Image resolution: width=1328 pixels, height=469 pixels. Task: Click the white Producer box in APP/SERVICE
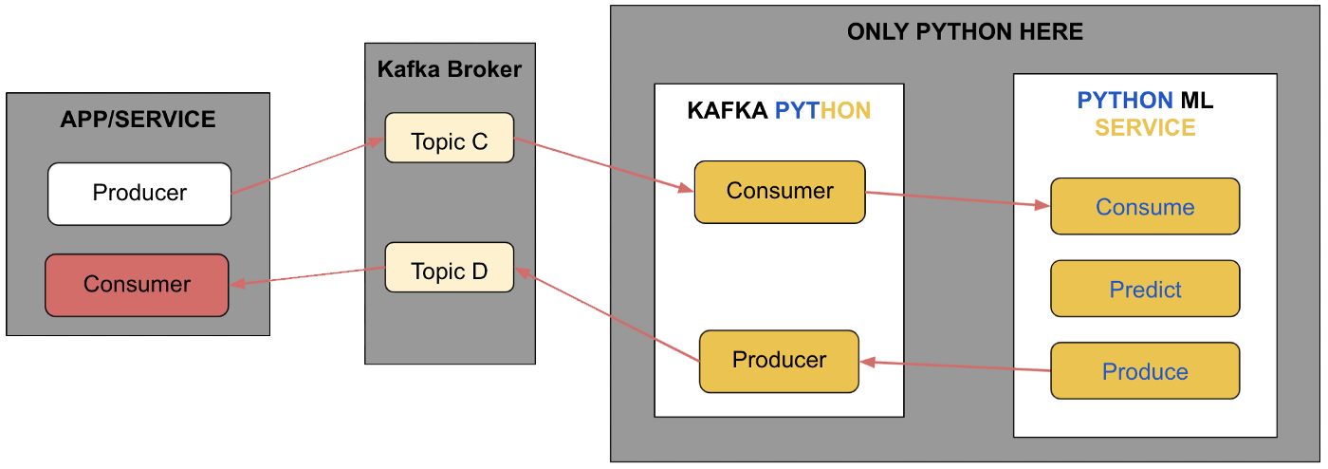pyautogui.click(x=139, y=194)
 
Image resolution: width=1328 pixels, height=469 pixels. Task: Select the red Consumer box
pyautogui.click(x=137, y=284)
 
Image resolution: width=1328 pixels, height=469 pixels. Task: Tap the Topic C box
pyautogui.click(x=449, y=141)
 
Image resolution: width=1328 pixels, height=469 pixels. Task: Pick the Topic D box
pyautogui.click(x=449, y=272)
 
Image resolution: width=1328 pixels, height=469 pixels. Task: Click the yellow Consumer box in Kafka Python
pyautogui.click(x=779, y=191)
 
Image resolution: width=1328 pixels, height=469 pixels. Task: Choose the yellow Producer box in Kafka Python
pyautogui.click(x=779, y=361)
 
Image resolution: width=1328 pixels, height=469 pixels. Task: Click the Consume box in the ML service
pyautogui.click(x=1145, y=207)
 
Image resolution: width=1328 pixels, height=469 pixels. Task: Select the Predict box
pyautogui.click(x=1145, y=290)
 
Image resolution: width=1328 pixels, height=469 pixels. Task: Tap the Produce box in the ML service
pyautogui.click(x=1145, y=371)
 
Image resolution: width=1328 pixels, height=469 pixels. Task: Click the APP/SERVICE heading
pyautogui.click(x=138, y=120)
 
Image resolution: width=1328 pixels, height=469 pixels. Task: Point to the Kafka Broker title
pyautogui.click(x=450, y=69)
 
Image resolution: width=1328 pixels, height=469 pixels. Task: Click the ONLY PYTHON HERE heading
pyautogui.click(x=965, y=32)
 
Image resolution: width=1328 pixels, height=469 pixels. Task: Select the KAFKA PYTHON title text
pyautogui.click(x=779, y=111)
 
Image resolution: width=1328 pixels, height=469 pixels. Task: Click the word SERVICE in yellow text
pyautogui.click(x=1145, y=128)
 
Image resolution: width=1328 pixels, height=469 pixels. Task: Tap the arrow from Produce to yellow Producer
pyautogui.click(x=954, y=366)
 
